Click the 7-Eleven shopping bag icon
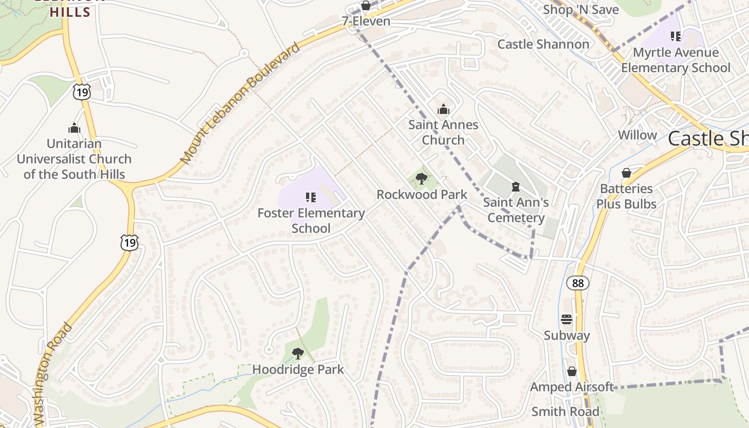tap(366, 6)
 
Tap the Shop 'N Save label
tap(580, 10)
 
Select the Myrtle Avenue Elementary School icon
tap(676, 36)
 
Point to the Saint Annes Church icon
tap(443, 110)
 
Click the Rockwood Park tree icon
tap(422, 179)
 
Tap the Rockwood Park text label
tap(422, 195)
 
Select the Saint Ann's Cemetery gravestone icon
tap(515, 187)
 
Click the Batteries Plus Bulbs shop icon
tap(626, 173)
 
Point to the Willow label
tap(637, 135)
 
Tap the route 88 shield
tap(578, 283)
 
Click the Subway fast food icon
tap(567, 320)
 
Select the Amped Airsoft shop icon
tap(571, 371)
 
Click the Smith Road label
tap(565, 411)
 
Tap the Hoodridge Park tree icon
tap(298, 354)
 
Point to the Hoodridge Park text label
tap(298, 370)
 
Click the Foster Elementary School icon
tap(311, 197)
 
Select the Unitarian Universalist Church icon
tap(74, 128)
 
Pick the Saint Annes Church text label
tap(443, 132)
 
